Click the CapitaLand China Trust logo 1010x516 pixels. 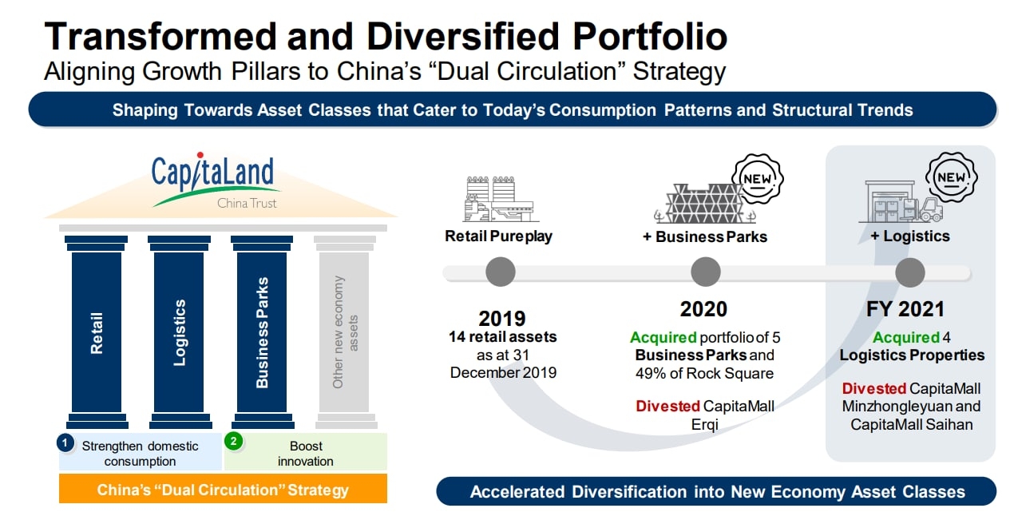click(x=215, y=181)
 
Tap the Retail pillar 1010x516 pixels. click(x=97, y=332)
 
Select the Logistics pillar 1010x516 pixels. click(x=180, y=332)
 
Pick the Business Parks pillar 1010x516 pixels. click(x=263, y=332)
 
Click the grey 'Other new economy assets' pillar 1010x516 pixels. click(x=346, y=332)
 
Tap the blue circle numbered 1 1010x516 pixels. click(x=65, y=443)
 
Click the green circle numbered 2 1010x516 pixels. click(x=234, y=441)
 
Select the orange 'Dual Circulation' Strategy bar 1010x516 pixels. click(x=223, y=489)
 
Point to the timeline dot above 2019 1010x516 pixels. click(x=501, y=272)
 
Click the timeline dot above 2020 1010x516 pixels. click(x=706, y=272)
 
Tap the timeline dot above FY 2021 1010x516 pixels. click(x=910, y=272)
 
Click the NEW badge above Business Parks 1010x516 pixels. click(x=758, y=179)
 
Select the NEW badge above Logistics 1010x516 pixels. click(x=952, y=177)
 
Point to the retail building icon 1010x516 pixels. click(x=501, y=199)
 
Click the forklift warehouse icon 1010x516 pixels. click(x=901, y=201)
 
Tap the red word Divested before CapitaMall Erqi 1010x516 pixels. click(x=667, y=407)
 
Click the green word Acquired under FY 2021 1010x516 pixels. click(x=906, y=337)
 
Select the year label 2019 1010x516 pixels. click(x=502, y=319)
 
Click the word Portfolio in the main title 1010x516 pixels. click(x=650, y=37)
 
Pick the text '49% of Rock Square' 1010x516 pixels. click(x=704, y=374)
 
